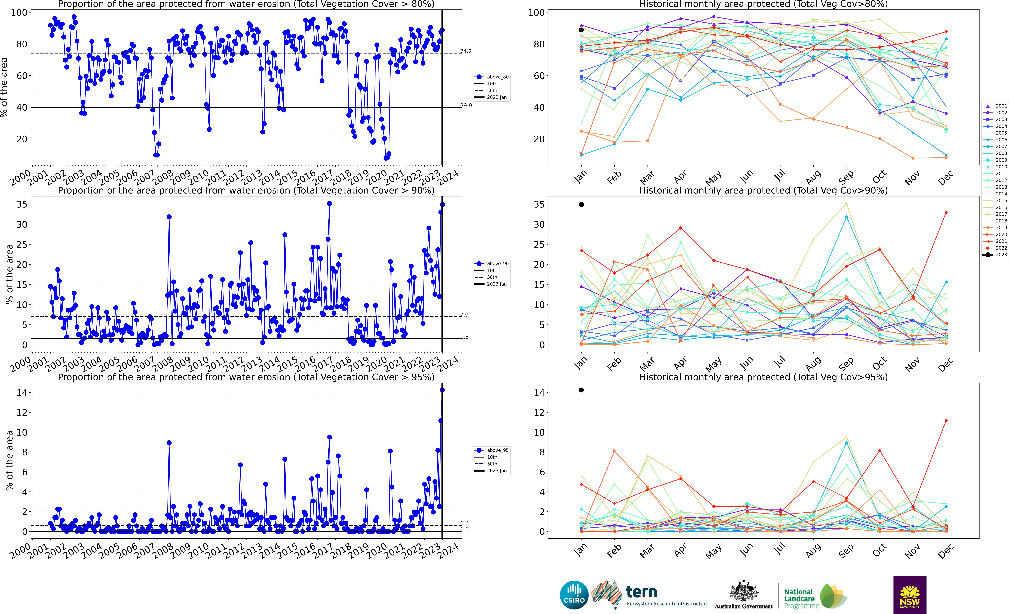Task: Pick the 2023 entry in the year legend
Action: pyautogui.click(x=1001, y=255)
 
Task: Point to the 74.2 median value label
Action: pyautogui.click(x=466, y=51)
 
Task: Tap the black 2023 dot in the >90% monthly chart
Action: pyautogui.click(x=581, y=204)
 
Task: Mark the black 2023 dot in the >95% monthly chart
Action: pyautogui.click(x=581, y=390)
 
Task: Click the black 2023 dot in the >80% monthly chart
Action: pyautogui.click(x=581, y=30)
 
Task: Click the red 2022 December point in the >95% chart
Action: pyautogui.click(x=946, y=420)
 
